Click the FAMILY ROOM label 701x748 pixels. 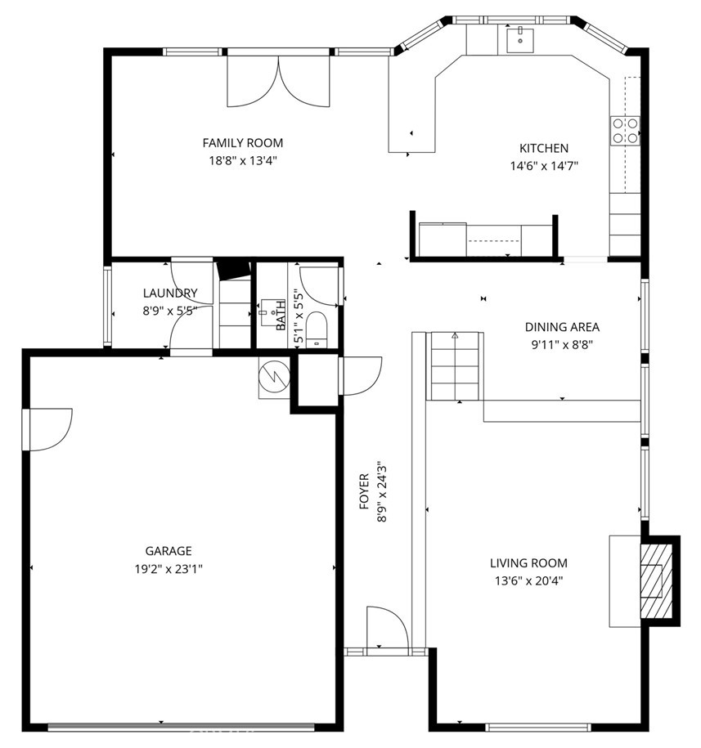(242, 142)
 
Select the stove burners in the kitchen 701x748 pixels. (625, 131)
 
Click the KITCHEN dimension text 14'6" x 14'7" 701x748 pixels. (544, 166)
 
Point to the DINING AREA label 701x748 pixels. (562, 327)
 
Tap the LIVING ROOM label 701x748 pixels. (528, 563)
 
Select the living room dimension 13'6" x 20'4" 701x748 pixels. (528, 581)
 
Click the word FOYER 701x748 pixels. (364, 490)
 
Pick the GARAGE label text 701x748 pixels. (169, 551)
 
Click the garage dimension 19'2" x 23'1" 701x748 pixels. (169, 569)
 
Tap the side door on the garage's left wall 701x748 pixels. (47, 429)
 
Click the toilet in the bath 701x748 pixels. (316, 329)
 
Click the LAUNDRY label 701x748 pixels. (170, 293)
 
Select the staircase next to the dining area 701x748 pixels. (455, 366)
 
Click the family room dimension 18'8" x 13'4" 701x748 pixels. (242, 161)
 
